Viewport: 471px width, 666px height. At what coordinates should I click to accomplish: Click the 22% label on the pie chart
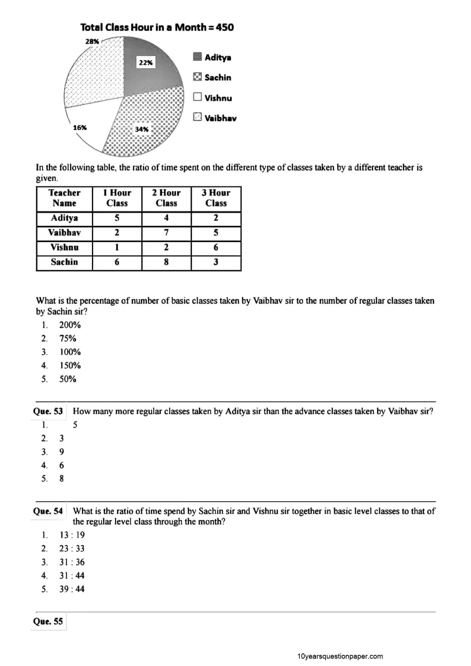(145, 63)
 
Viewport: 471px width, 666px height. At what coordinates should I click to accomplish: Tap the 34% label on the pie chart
(142, 129)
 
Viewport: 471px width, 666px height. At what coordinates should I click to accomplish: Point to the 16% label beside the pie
(80, 128)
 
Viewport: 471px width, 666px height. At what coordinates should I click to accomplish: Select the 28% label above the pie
(92, 41)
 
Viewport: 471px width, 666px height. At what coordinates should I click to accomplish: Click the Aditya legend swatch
(197, 57)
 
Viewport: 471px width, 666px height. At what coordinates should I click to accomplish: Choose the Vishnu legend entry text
(218, 98)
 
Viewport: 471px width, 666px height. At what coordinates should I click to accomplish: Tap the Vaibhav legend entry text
(220, 118)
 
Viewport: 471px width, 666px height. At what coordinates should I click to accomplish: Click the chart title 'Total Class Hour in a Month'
(157, 27)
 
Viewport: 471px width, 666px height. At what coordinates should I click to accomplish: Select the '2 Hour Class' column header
(166, 198)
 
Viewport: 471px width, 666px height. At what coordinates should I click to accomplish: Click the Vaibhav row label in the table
(64, 233)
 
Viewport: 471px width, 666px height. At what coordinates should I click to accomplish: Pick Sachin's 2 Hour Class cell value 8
(166, 262)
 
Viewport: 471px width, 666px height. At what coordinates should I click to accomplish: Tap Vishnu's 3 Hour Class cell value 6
(216, 247)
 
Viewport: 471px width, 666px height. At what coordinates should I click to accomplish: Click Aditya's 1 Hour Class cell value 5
(117, 218)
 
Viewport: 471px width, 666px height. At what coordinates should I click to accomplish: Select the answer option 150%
(70, 365)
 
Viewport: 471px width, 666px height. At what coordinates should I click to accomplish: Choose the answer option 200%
(70, 325)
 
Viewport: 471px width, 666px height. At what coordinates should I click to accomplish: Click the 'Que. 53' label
(48, 411)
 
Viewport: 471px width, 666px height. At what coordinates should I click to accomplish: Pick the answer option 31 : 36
(72, 562)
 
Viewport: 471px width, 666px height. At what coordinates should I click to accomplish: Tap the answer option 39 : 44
(72, 589)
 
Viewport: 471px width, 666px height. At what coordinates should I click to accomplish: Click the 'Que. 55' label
(48, 621)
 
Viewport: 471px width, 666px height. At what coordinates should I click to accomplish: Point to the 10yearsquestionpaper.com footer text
(340, 656)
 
